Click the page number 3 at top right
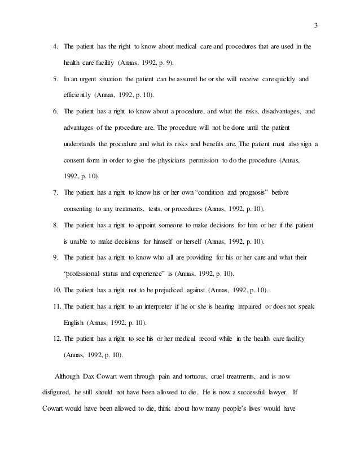(x=315, y=24)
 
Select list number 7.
(x=55, y=192)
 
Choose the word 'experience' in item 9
(x=133, y=274)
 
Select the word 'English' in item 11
(x=74, y=323)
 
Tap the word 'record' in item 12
(x=206, y=338)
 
